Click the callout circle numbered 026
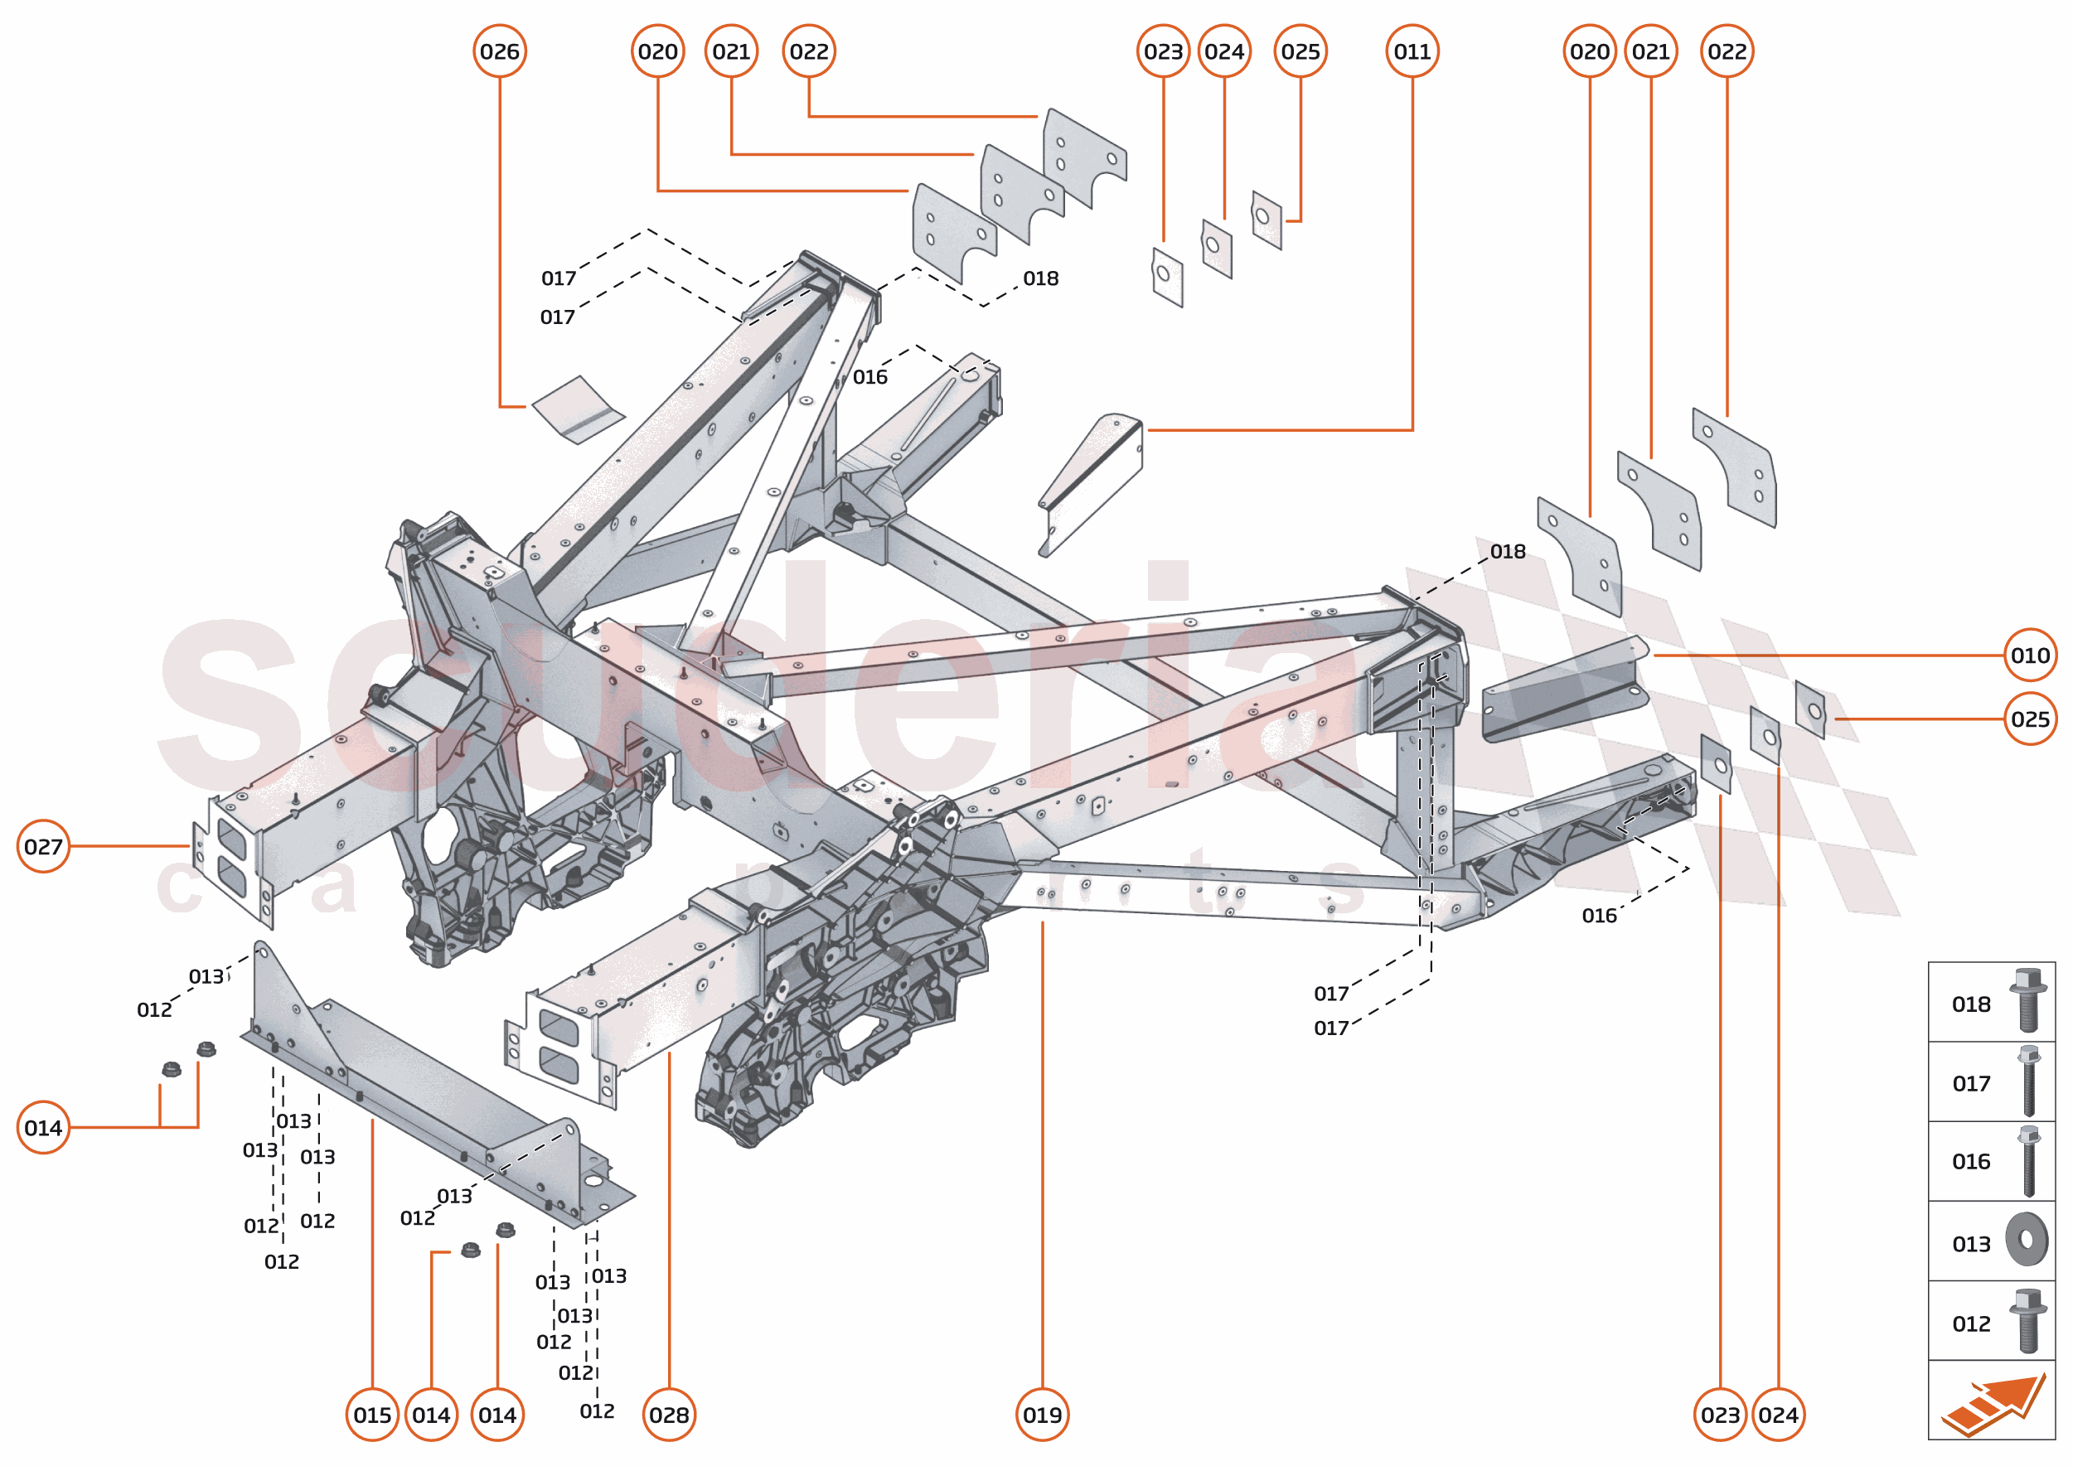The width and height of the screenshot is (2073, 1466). [x=499, y=51]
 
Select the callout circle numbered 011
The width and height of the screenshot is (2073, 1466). [x=1412, y=51]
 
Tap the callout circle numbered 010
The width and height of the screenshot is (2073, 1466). [x=2031, y=656]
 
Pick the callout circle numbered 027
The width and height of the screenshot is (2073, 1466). [x=43, y=847]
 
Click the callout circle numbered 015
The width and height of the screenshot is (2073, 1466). [x=372, y=1415]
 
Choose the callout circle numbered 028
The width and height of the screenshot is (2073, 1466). [x=669, y=1415]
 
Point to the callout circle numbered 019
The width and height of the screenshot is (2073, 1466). [x=1042, y=1415]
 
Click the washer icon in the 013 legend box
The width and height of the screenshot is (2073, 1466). [x=2027, y=1240]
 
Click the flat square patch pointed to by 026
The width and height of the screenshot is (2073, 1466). [x=578, y=409]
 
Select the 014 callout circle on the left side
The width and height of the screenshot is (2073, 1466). [x=43, y=1128]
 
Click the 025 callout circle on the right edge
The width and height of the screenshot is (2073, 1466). [x=2031, y=719]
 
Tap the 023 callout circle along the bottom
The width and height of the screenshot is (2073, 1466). [x=1720, y=1415]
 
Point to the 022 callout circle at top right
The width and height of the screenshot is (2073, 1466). [x=1727, y=51]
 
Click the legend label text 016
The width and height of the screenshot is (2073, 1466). [x=1971, y=1162]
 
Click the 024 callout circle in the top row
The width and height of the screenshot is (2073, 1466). [x=1224, y=51]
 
